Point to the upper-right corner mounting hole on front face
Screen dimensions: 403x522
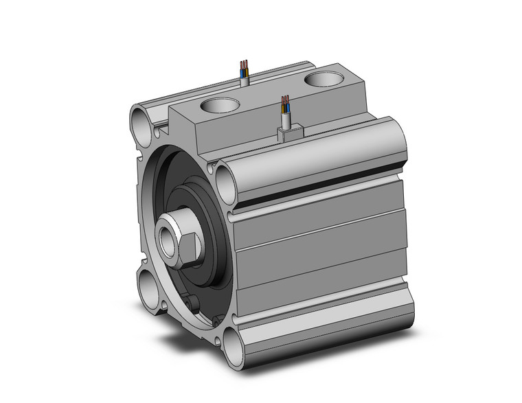(x=226, y=180)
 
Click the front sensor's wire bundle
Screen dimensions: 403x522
(x=285, y=106)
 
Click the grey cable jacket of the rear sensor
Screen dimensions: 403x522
(x=245, y=81)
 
